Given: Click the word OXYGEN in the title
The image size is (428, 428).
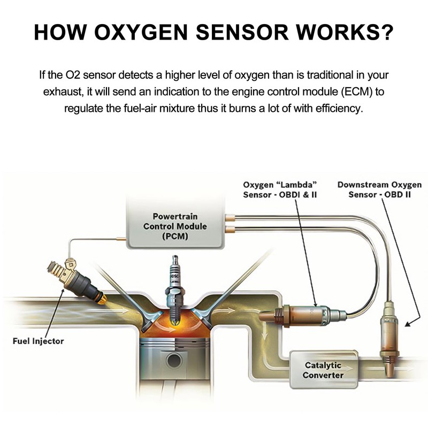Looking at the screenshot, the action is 141,32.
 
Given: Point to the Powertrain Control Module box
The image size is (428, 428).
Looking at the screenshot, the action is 175,224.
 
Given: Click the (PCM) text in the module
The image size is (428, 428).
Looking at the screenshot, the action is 175,236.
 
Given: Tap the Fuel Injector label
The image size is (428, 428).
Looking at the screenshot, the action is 38,341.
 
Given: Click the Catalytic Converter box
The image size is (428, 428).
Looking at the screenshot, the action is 324,370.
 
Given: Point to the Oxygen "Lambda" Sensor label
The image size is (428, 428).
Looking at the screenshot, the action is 280,190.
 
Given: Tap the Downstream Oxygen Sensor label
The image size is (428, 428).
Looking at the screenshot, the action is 380,190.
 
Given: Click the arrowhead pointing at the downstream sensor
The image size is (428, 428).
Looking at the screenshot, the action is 408,324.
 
